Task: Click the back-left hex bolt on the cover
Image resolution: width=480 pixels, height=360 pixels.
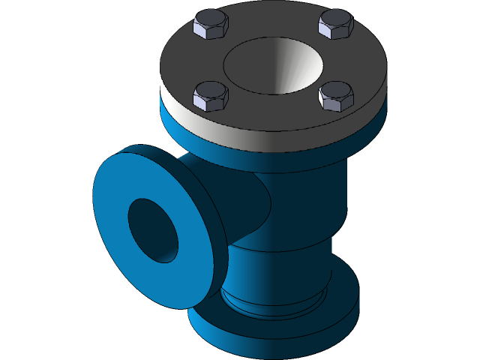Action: coord(211,25)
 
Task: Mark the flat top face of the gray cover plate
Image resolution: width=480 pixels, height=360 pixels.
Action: coord(277,112)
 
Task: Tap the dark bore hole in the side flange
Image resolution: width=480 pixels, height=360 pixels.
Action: coord(152,229)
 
